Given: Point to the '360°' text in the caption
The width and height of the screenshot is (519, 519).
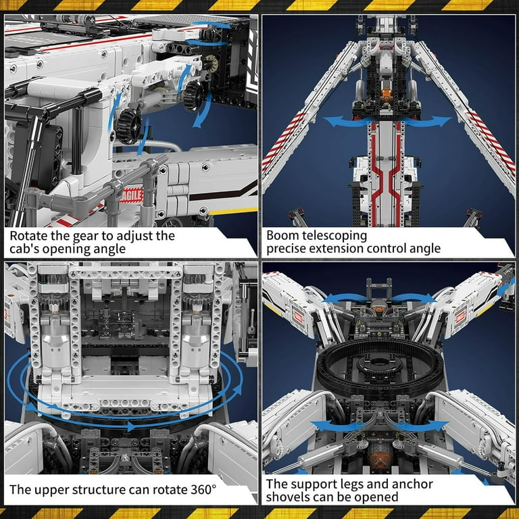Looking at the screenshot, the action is click(203, 489).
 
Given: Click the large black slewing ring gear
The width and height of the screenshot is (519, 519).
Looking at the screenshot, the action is click(380, 365).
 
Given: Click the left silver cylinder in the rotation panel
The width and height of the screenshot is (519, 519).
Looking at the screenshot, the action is click(55, 343).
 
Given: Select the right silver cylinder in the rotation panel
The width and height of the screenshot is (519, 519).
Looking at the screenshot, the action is click(196, 343).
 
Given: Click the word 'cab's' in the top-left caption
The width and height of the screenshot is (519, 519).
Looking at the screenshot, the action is click(23, 249).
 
